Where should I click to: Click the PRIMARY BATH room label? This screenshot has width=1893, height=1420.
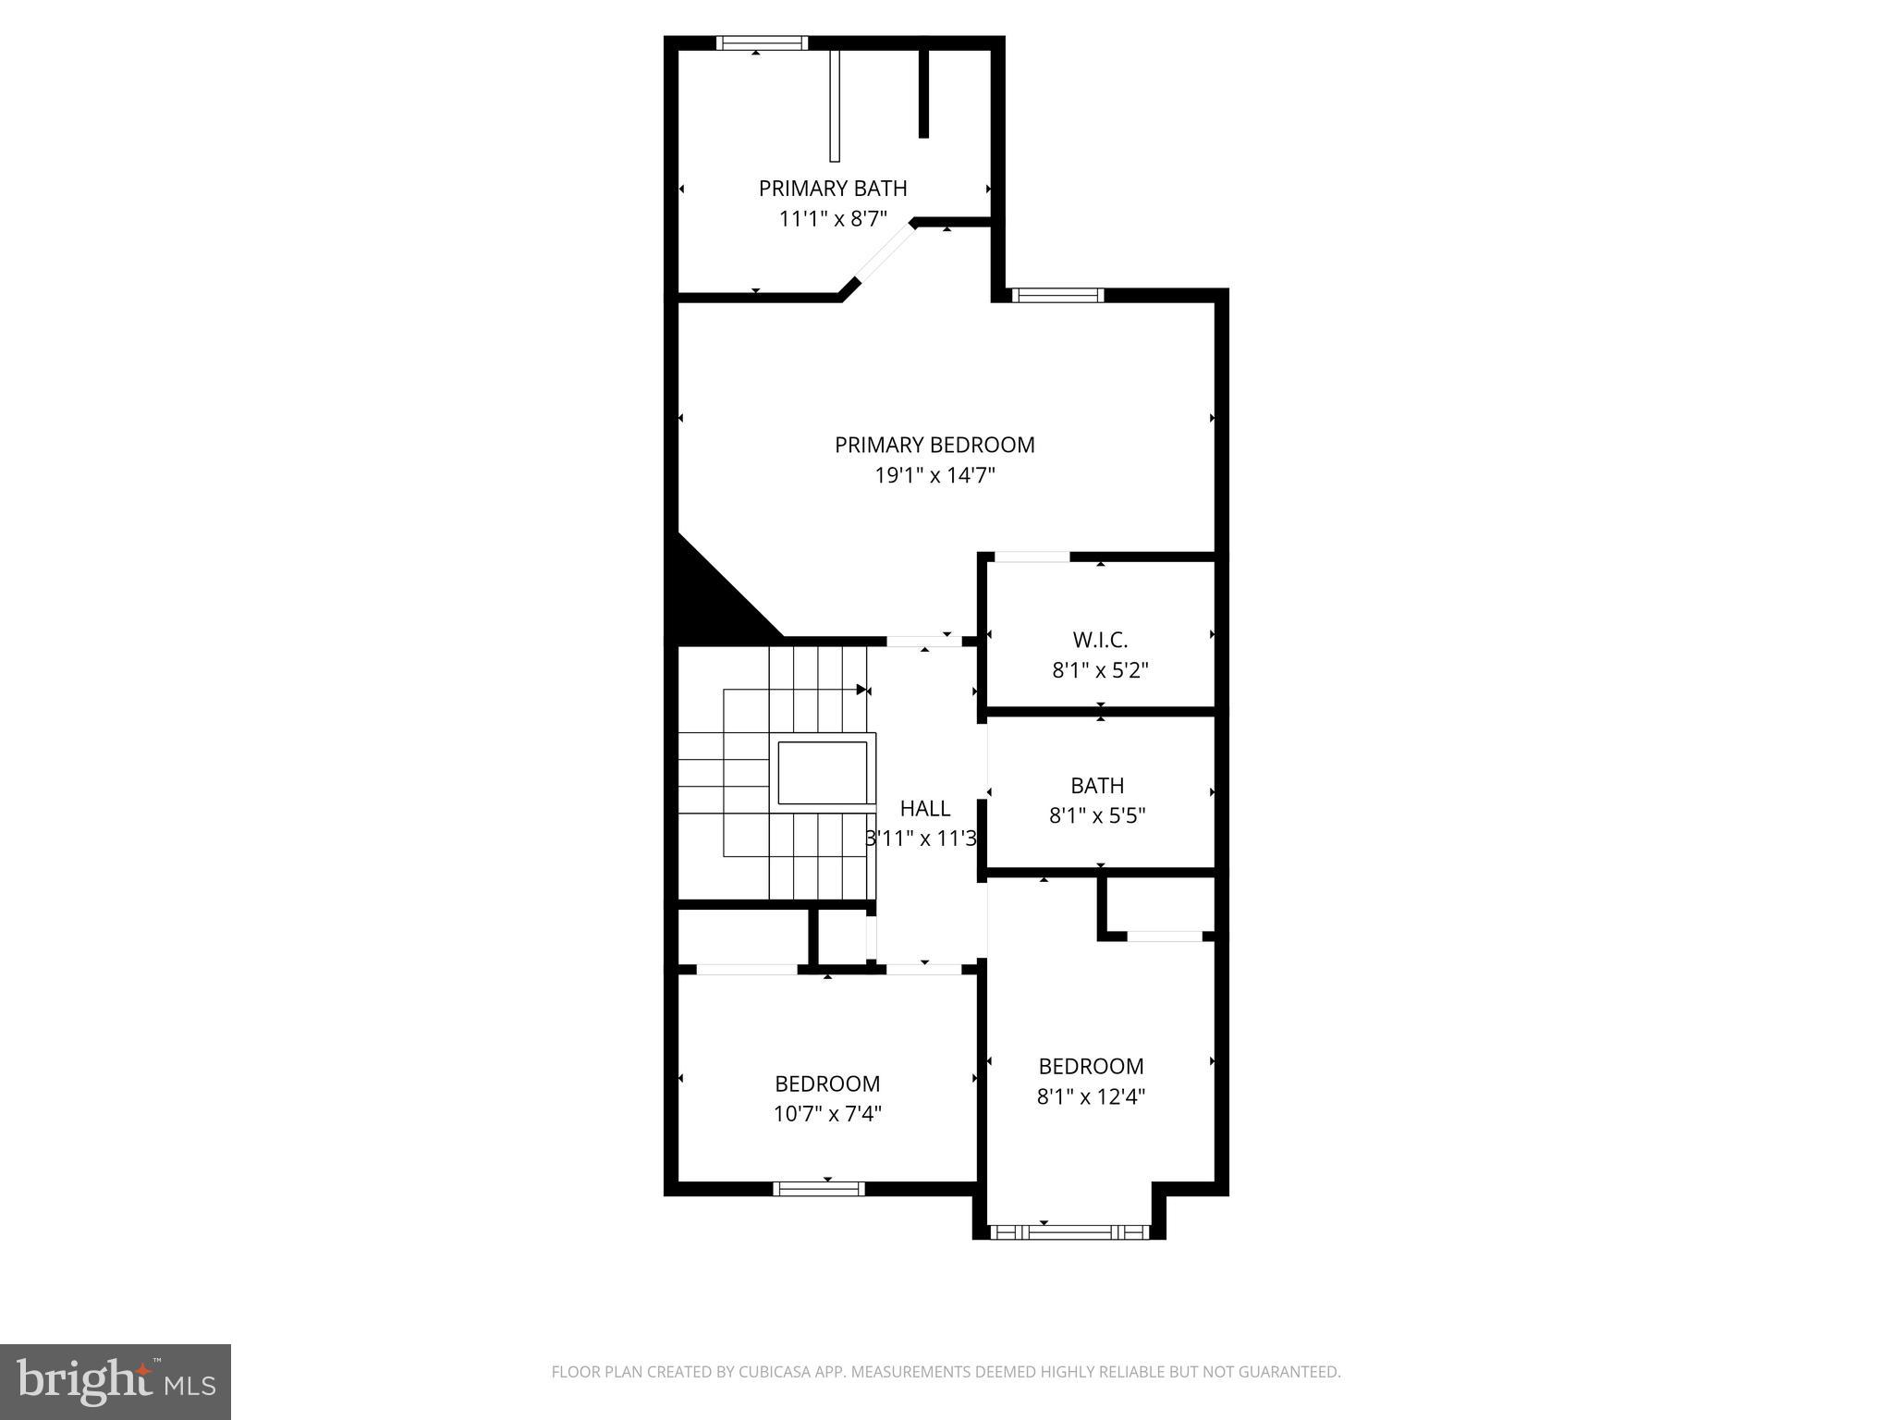pyautogui.click(x=833, y=189)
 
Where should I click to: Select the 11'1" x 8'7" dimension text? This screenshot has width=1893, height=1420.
pyautogui.click(x=833, y=219)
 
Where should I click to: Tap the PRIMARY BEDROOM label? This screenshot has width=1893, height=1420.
pyautogui.click(x=934, y=445)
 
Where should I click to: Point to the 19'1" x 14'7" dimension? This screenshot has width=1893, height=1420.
pyautogui.click(x=934, y=475)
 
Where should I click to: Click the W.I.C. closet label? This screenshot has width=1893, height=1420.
pyautogui.click(x=1100, y=640)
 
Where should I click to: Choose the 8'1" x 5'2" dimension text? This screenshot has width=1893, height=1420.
pyautogui.click(x=1100, y=670)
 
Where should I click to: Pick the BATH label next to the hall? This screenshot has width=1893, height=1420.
pyautogui.click(x=1097, y=786)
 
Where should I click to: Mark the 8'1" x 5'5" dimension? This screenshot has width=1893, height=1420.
pyautogui.click(x=1097, y=816)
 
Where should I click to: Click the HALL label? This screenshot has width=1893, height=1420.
pyautogui.click(x=925, y=809)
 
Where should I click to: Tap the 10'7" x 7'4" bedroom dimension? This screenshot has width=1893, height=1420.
pyautogui.click(x=827, y=1114)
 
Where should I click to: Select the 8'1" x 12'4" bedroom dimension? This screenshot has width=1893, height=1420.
pyautogui.click(x=1091, y=1097)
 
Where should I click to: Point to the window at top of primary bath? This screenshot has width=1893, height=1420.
pyautogui.click(x=762, y=43)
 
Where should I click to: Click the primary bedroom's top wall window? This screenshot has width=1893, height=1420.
pyautogui.click(x=1057, y=295)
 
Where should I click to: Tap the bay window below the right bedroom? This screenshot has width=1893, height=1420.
pyautogui.click(x=1069, y=1231)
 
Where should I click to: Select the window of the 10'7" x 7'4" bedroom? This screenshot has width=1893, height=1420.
pyautogui.click(x=819, y=1189)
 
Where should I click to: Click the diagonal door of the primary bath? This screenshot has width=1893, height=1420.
pyautogui.click(x=884, y=255)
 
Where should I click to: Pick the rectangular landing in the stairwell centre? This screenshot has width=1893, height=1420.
pyautogui.click(x=823, y=772)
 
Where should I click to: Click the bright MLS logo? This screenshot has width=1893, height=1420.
pyautogui.click(x=116, y=1381)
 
